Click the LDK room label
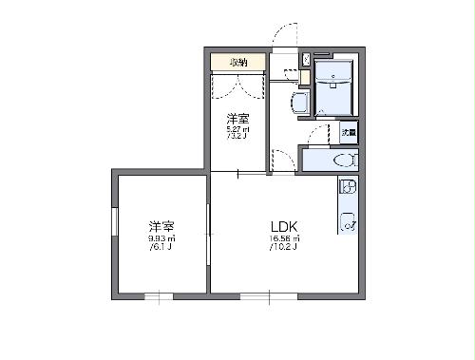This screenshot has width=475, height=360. pyautogui.click(x=284, y=226)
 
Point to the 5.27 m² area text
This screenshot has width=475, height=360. pyautogui.click(x=237, y=129)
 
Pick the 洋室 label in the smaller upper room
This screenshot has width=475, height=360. pyautogui.click(x=237, y=118)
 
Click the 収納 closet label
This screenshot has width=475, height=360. pyautogui.click(x=237, y=62)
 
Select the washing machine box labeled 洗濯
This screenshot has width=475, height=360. pyautogui.click(x=350, y=133)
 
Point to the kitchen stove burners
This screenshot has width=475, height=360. pyautogui.click(x=348, y=187)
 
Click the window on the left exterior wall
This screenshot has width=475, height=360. pyautogui.click(x=115, y=231)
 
